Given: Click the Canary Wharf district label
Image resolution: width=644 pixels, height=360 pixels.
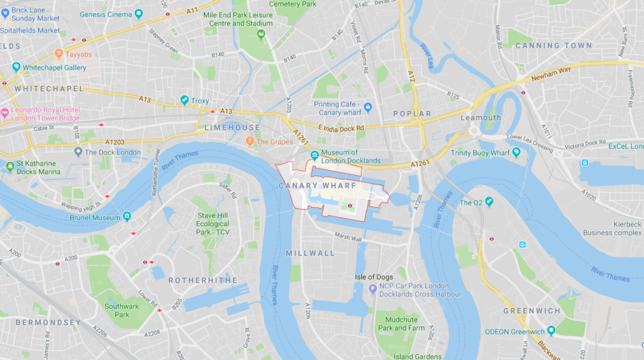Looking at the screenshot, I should tap(317, 186).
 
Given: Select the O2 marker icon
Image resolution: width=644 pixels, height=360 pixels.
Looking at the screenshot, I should tap(487, 202).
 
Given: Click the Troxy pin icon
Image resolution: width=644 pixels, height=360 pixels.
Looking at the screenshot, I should tap(184, 101).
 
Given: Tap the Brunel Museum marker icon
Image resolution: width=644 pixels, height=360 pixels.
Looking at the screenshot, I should tap(128, 217).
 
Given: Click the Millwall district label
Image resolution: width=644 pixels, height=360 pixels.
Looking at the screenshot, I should tap(310, 253).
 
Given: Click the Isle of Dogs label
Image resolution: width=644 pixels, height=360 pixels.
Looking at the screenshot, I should tap(373, 277).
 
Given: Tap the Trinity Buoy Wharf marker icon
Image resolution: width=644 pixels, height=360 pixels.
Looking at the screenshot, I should tap(516, 152).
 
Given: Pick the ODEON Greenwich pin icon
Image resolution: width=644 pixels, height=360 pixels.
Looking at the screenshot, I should tap(551, 331).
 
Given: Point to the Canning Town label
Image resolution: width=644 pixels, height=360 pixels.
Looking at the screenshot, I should tap(553, 45).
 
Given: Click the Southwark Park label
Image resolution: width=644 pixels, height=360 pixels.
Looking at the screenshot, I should tap(122, 310).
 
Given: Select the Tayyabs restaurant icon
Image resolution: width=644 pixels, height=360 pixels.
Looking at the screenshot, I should tap(58, 54).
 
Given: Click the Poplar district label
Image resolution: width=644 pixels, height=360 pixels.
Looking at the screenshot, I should tap(412, 114).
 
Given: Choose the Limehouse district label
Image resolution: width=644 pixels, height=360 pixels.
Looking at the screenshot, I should tap(223, 128).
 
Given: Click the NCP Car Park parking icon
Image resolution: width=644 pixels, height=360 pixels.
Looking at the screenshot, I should tap(373, 289).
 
